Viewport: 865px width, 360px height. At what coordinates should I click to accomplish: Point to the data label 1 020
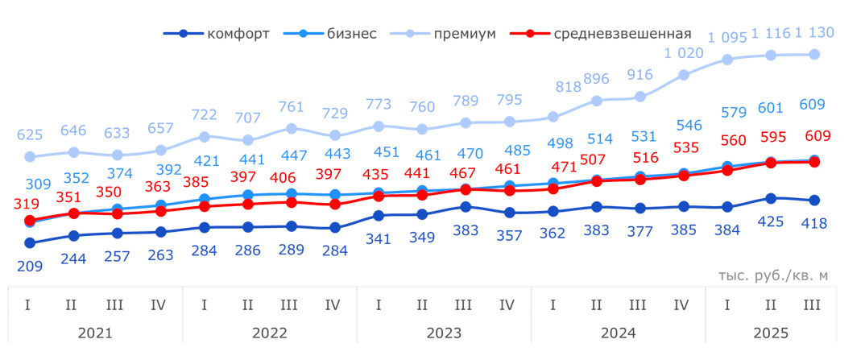click(684, 53)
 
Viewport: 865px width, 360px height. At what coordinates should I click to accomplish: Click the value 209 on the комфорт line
click(30, 265)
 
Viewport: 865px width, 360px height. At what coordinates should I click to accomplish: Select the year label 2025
click(772, 332)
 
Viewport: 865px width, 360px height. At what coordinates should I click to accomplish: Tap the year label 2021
click(95, 332)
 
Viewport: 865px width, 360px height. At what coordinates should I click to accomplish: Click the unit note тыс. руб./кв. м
click(772, 275)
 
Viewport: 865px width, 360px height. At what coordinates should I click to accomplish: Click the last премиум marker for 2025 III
click(814, 54)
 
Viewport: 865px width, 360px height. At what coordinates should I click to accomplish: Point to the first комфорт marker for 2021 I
click(30, 242)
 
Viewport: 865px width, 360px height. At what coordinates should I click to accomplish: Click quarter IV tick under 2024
click(681, 305)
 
